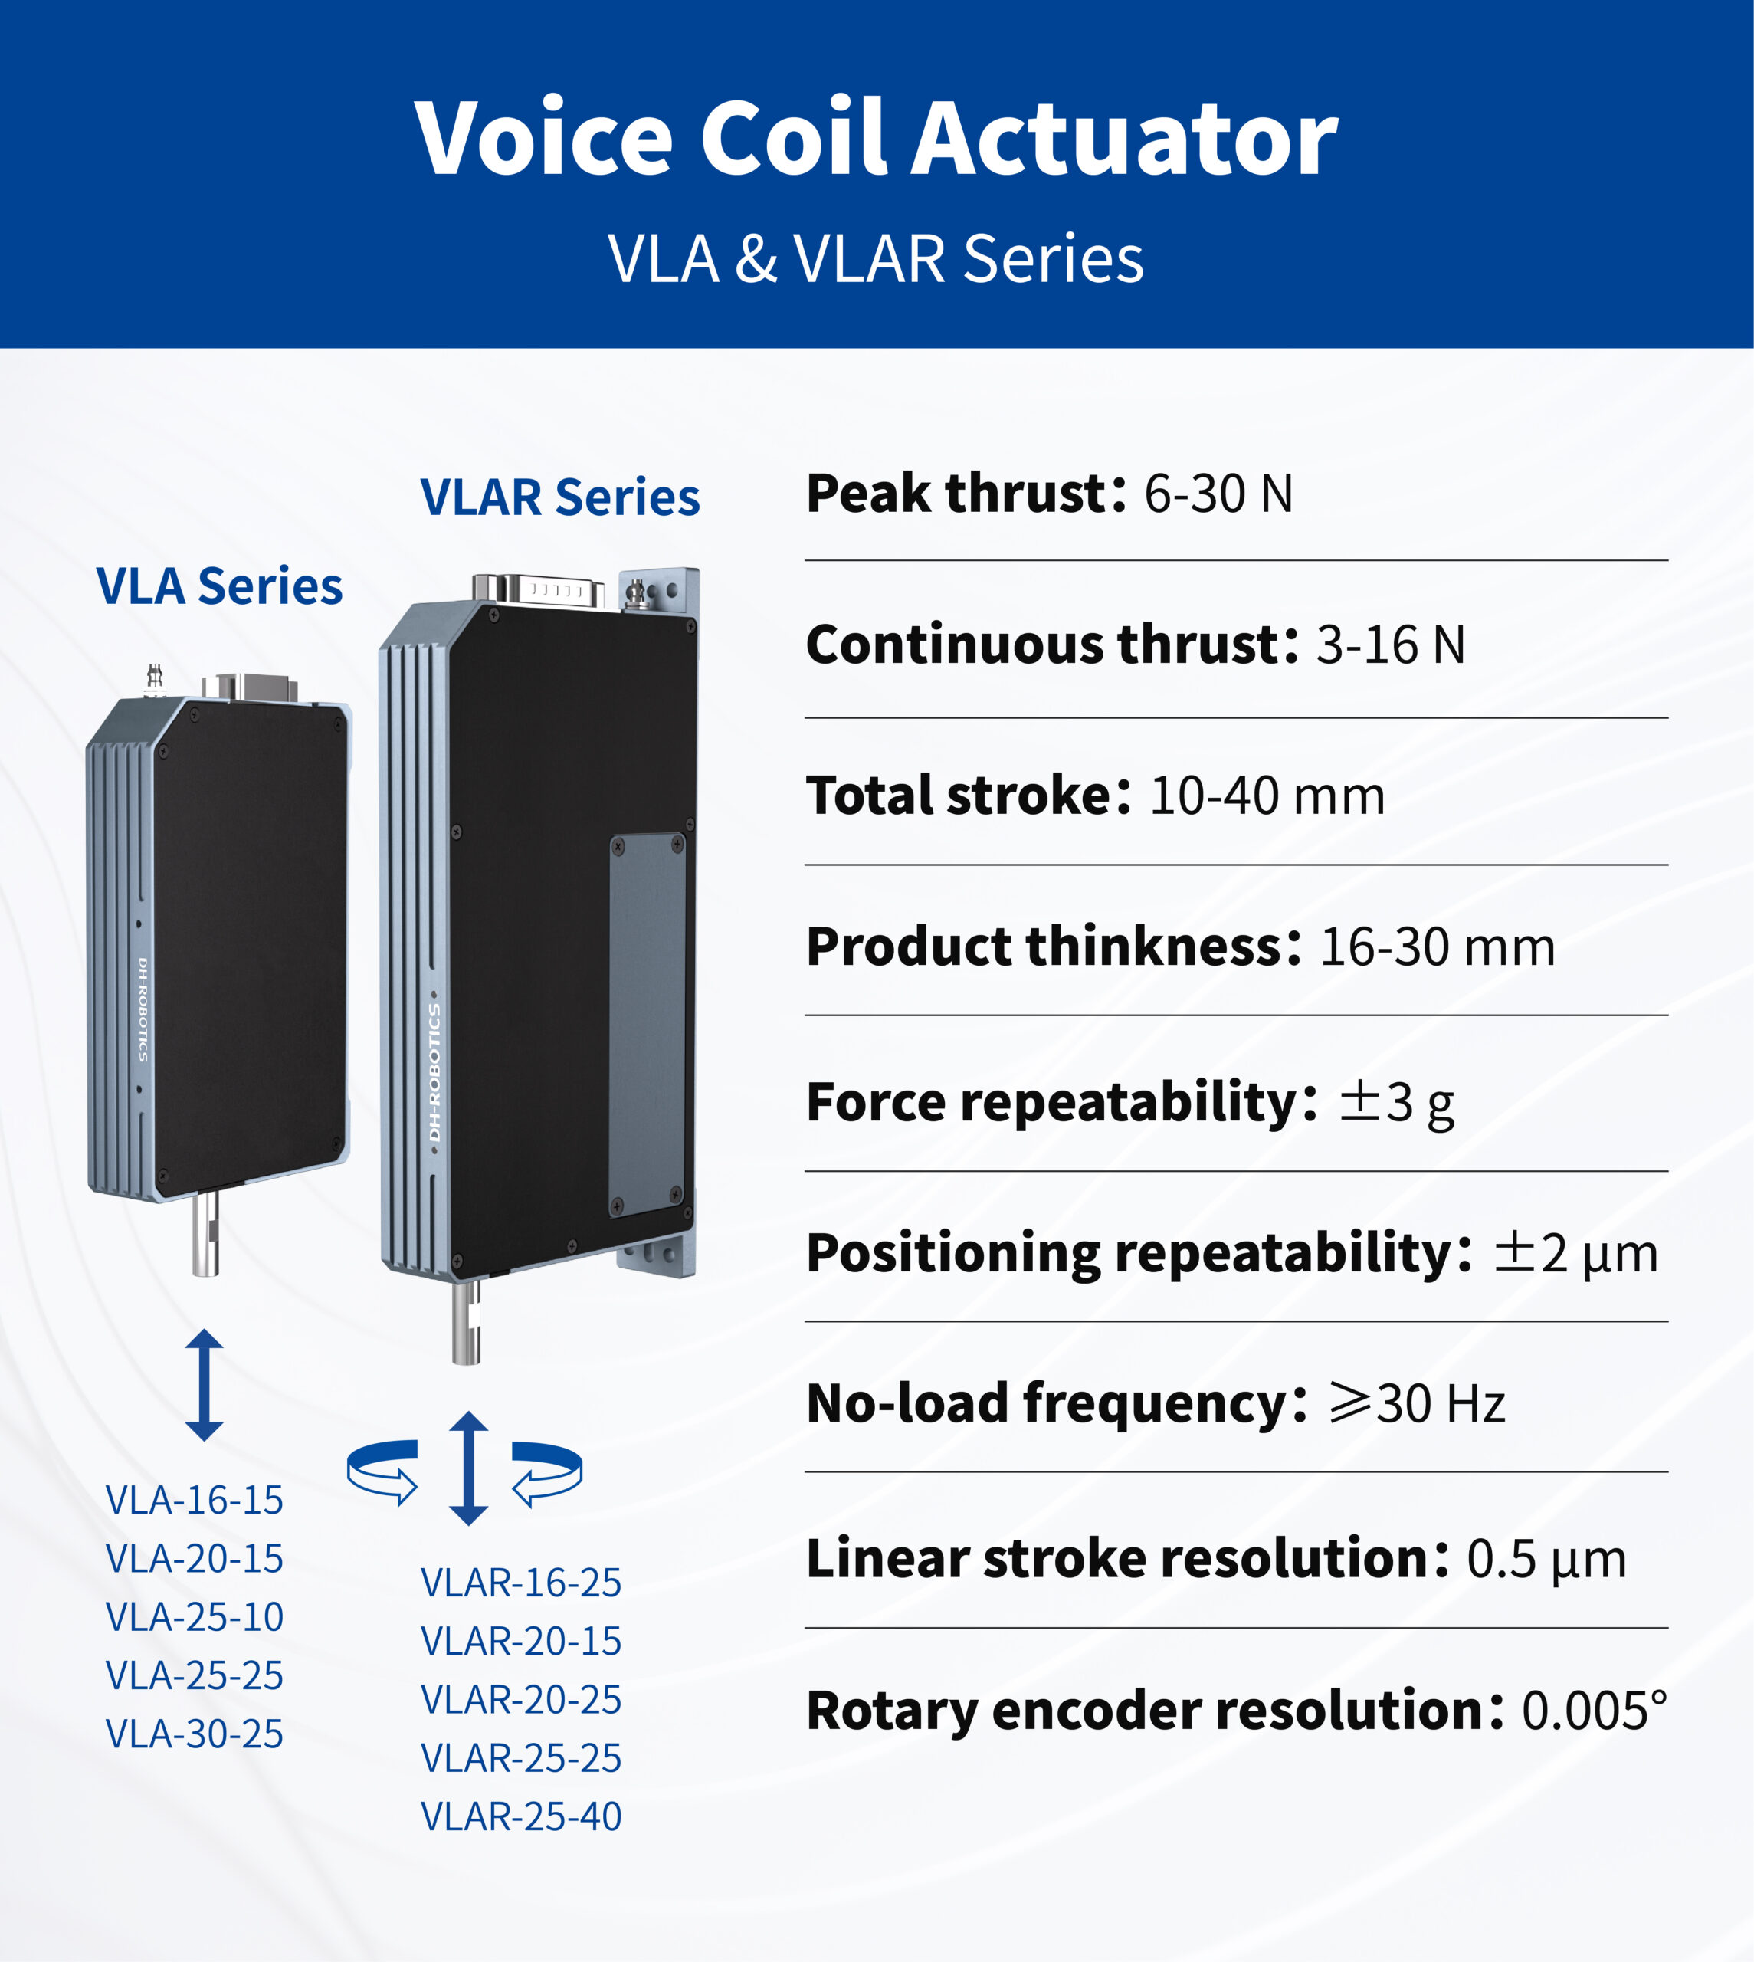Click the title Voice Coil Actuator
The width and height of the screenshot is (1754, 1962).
876,139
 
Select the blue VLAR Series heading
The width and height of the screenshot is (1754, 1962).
560,497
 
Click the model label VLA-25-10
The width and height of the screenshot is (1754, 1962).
195,1617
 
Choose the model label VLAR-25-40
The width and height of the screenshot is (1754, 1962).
521,1816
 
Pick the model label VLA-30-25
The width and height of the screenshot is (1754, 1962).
195,1734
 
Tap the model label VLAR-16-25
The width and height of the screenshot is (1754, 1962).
521,1583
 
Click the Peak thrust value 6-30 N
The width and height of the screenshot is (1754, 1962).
1218,494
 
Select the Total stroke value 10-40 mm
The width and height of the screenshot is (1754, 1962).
1267,796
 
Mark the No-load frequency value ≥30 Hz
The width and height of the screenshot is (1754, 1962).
1417,1404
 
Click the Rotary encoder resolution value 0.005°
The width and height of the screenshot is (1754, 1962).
1595,1711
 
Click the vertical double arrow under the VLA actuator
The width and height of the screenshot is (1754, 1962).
205,1385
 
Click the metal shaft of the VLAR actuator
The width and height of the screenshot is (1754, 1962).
467,1321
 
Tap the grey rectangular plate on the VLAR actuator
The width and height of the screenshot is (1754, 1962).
648,1025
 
